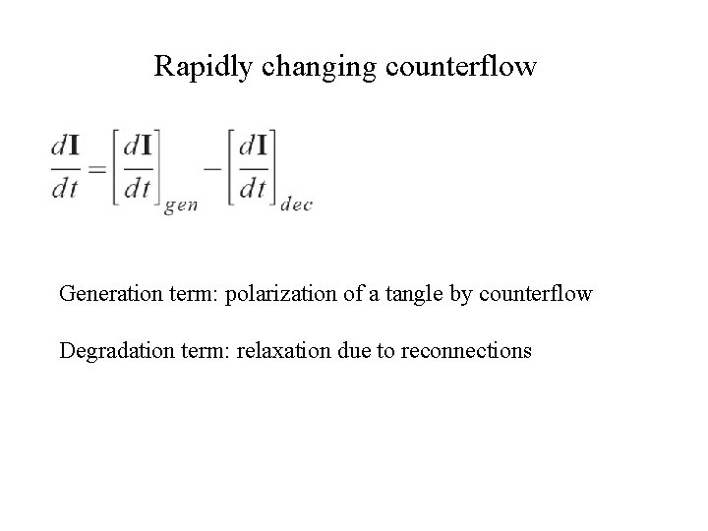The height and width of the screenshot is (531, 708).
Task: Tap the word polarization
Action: coord(277,293)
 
